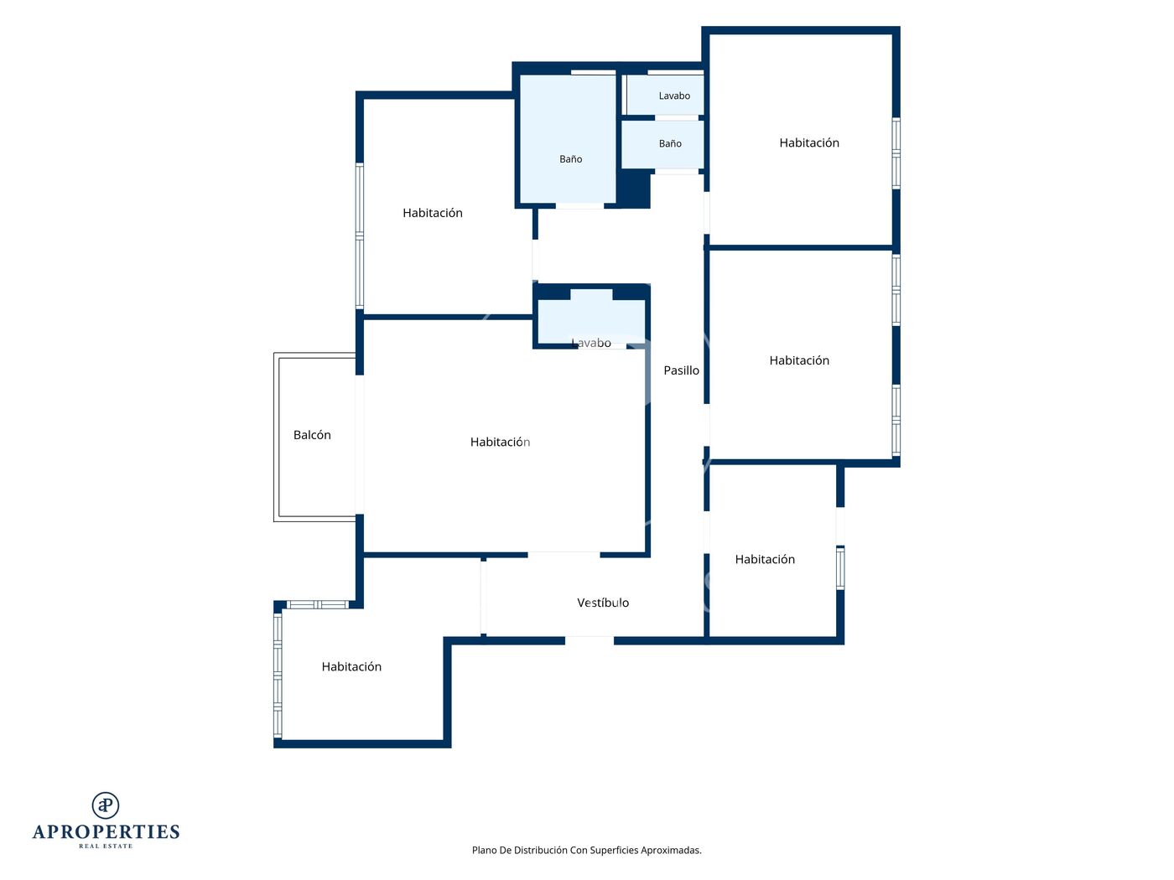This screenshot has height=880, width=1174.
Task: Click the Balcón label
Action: [x=312, y=435]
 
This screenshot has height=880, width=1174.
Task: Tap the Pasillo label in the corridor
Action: [x=681, y=370]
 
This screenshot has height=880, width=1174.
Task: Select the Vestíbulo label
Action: [x=603, y=603]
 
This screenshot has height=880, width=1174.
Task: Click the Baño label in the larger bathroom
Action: [x=571, y=159]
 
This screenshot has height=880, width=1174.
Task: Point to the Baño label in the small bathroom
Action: [x=670, y=143]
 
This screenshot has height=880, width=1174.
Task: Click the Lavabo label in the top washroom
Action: [x=674, y=96]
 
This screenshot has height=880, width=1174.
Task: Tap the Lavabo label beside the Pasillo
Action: [x=591, y=343]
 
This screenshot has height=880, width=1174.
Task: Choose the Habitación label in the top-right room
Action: [x=808, y=142]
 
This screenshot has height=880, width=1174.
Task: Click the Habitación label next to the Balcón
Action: [x=500, y=442]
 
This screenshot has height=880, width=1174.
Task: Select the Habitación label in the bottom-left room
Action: [x=351, y=667]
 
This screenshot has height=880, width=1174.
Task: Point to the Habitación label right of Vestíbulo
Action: [x=765, y=559]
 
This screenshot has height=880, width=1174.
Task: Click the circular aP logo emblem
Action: [x=106, y=805]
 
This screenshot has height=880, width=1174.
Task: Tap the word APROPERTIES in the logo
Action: [x=106, y=831]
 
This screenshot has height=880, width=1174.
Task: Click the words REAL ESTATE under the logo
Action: [x=106, y=846]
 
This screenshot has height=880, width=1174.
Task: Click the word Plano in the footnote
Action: [x=484, y=850]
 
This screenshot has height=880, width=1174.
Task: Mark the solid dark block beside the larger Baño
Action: [x=634, y=189]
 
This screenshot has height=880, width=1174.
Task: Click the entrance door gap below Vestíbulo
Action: [x=590, y=640]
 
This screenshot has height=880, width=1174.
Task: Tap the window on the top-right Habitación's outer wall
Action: [x=896, y=153]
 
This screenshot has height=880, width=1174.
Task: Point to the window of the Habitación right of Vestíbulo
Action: [x=840, y=567]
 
